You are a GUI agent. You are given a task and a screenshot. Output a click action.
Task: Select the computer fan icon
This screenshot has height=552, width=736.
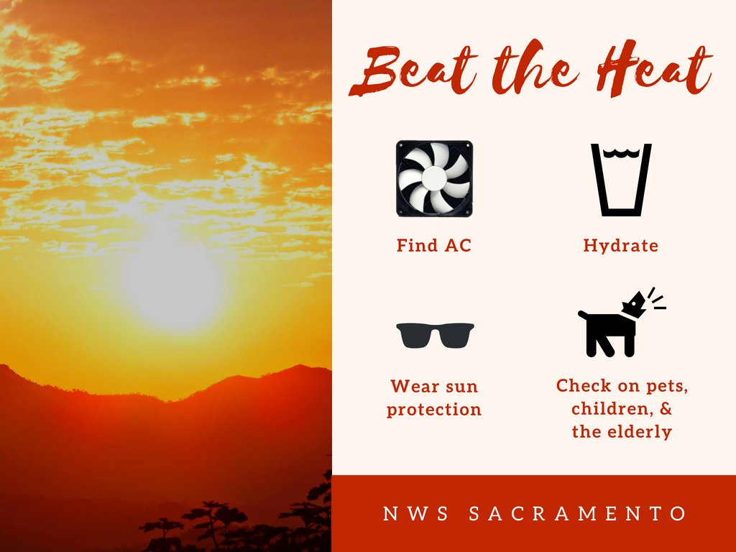(x=434, y=178)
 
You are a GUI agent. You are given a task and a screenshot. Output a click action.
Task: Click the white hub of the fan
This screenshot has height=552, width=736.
(x=434, y=178)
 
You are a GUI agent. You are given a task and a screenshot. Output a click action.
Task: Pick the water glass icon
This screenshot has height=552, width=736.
(x=620, y=180)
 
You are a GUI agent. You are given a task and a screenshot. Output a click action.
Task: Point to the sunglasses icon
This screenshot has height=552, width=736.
(x=435, y=335)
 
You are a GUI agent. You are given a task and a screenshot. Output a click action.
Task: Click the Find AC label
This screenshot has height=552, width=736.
(x=434, y=245)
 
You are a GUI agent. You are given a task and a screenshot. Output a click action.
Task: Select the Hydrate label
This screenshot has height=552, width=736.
(x=620, y=245)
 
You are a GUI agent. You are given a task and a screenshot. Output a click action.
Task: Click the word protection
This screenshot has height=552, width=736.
(x=434, y=410)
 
